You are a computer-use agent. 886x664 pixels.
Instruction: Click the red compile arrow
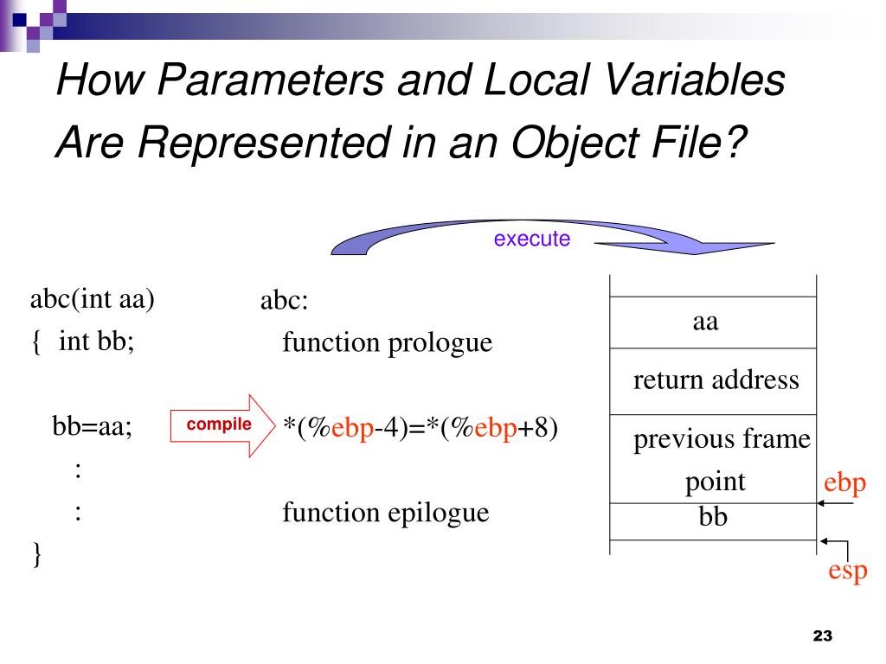point(221,425)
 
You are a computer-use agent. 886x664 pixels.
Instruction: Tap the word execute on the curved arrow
point(532,239)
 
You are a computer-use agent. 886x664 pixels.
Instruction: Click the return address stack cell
point(716,380)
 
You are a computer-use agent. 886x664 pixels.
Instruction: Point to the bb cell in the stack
point(713,517)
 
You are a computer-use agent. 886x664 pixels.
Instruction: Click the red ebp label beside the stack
point(844,482)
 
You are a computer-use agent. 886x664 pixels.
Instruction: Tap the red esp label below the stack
point(848,571)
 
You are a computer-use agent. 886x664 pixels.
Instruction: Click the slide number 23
point(822,636)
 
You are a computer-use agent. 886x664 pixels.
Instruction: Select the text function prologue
point(387,343)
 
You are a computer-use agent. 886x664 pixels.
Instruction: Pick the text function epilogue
point(385,513)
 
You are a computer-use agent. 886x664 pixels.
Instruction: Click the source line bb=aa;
point(92,426)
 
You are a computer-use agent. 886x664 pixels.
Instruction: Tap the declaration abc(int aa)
point(93,300)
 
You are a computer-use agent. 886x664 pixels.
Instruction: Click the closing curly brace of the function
point(36,553)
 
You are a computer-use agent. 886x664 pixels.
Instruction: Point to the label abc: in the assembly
point(284,302)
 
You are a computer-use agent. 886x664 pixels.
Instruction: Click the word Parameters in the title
point(269,81)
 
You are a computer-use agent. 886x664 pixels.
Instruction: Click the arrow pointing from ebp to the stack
point(837,503)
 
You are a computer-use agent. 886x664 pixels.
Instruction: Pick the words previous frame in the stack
point(722,440)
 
